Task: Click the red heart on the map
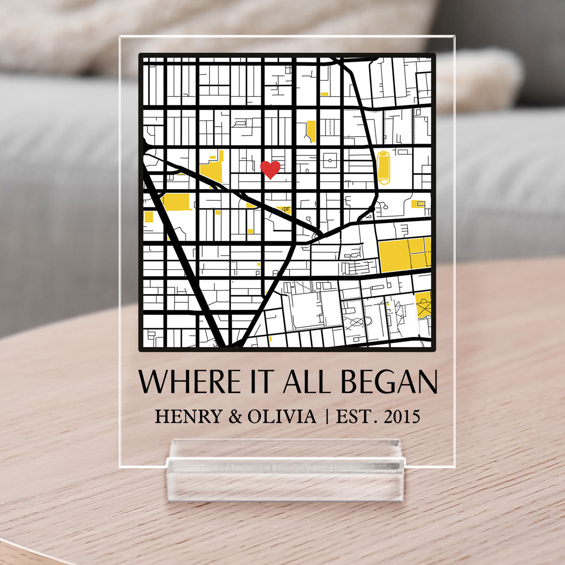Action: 270,169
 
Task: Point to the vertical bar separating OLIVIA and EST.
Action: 327,417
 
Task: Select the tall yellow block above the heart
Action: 311,130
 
